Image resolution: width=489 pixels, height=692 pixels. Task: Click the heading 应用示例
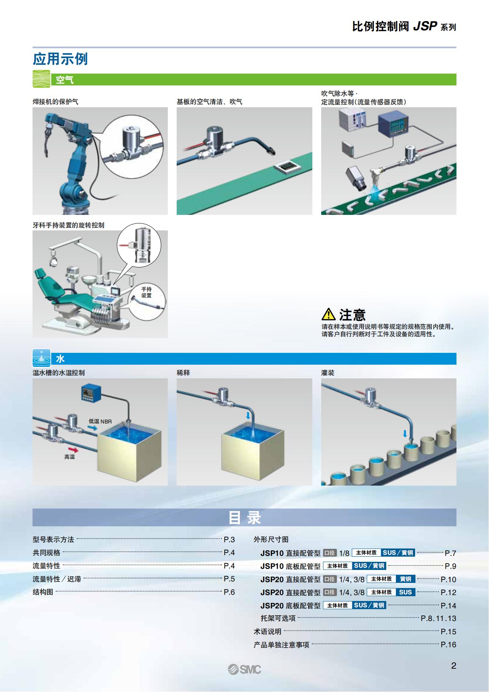pyautogui.click(x=60, y=59)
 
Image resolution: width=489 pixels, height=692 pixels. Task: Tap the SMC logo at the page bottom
pyautogui.click(x=244, y=669)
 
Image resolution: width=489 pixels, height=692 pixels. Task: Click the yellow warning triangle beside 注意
pyautogui.click(x=328, y=314)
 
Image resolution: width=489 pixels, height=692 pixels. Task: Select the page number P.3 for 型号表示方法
pyautogui.click(x=229, y=540)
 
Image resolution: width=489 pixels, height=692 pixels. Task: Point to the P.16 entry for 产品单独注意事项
pyautogui.click(x=448, y=645)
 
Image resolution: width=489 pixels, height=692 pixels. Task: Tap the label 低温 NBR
pyautogui.click(x=100, y=421)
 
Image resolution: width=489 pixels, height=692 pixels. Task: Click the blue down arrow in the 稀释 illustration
pyautogui.click(x=248, y=416)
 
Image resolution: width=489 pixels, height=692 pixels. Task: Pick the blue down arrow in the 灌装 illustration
pyautogui.click(x=405, y=433)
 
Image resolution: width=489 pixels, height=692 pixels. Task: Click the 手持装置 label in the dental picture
pyautogui.click(x=146, y=292)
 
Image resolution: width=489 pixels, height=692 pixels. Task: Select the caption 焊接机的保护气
pyautogui.click(x=55, y=102)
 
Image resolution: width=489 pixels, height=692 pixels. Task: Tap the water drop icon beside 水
pyautogui.click(x=41, y=358)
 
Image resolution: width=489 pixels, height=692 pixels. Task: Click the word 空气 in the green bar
pyautogui.click(x=65, y=80)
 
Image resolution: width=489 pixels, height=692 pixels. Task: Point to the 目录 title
pyautogui.click(x=244, y=517)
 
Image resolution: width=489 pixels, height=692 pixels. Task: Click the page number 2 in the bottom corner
pyautogui.click(x=454, y=666)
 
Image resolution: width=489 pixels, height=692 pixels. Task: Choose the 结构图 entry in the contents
pyautogui.click(x=43, y=592)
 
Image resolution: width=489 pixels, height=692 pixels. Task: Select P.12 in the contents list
pyautogui.click(x=448, y=593)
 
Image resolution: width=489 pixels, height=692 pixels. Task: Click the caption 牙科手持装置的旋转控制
pyautogui.click(x=68, y=225)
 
